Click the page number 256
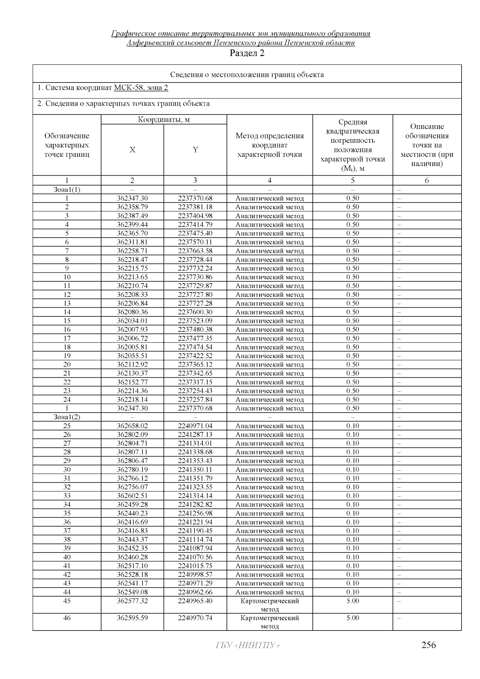tap(428, 645)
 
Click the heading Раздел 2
tap(247, 53)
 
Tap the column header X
tap(132, 150)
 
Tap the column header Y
tap(195, 150)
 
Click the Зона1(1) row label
tap(67, 190)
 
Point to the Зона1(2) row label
tap(67, 417)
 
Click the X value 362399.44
tap(132, 224)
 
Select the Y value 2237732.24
tap(195, 268)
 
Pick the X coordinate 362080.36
tap(132, 312)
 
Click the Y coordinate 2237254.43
tap(195, 391)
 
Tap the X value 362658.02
tap(132, 426)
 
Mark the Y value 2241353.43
tap(195, 461)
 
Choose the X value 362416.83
tap(132, 531)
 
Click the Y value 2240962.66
tap(195, 592)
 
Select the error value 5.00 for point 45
tap(353, 601)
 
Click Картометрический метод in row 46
tap(270, 622)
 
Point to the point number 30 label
tap(67, 470)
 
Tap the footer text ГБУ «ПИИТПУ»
tap(247, 645)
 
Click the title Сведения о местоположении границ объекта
tap(247, 75)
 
